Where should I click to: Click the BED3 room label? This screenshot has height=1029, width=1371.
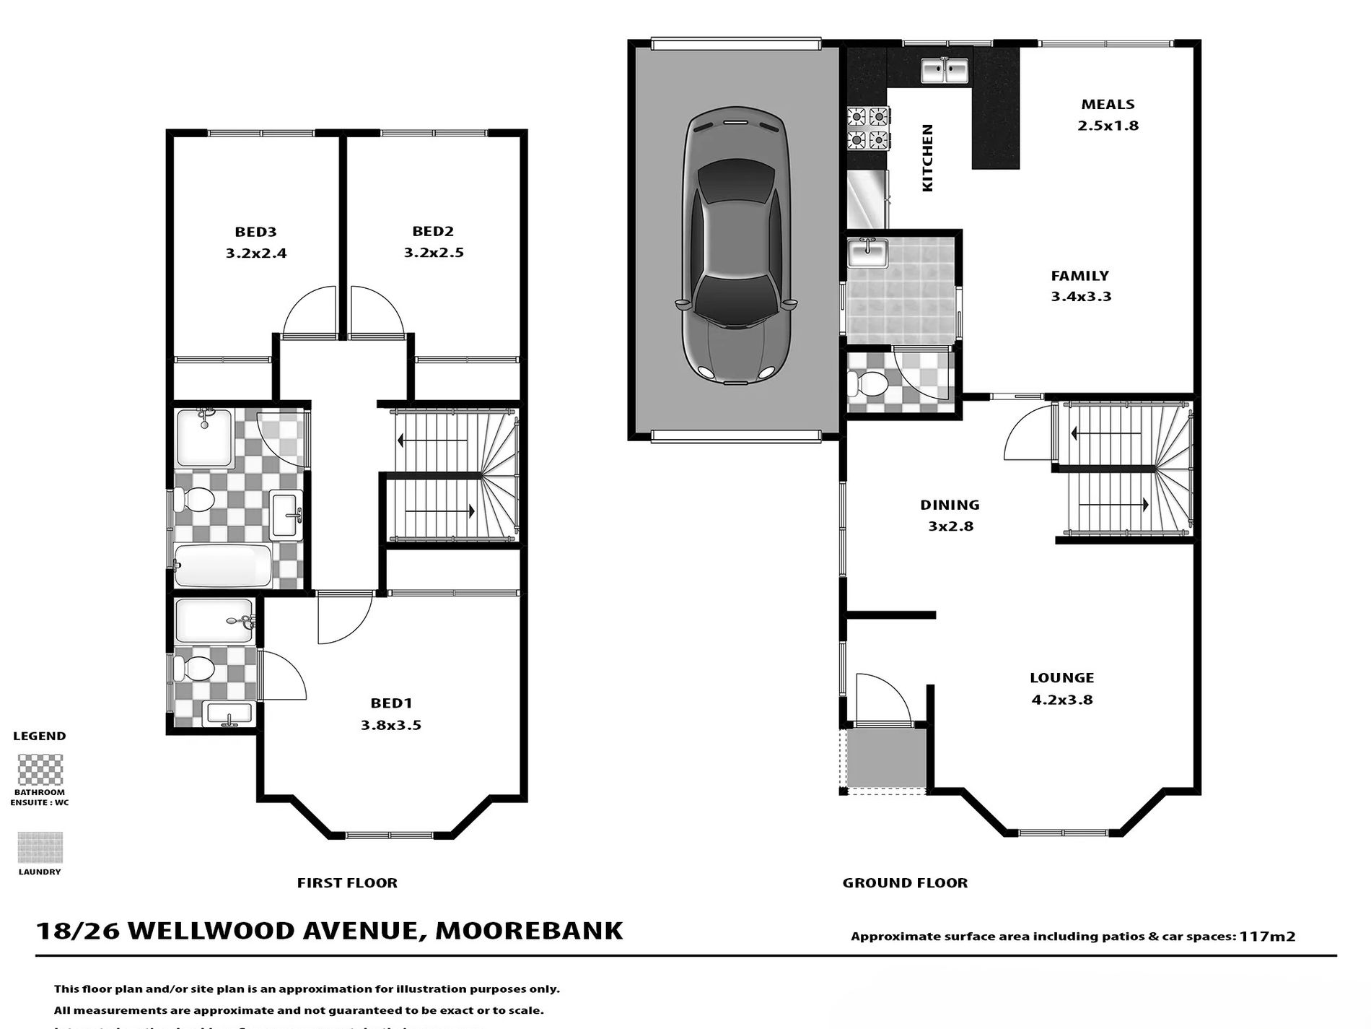pyautogui.click(x=255, y=232)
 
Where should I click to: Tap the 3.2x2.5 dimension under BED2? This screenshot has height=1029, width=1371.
pyautogui.click(x=433, y=253)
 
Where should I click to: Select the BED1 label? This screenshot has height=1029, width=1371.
pyautogui.click(x=390, y=703)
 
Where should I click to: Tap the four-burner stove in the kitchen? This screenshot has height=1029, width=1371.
pyautogui.click(x=867, y=128)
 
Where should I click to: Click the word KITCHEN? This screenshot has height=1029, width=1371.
pyautogui.click(x=928, y=157)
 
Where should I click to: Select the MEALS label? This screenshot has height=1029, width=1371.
pyautogui.click(x=1108, y=105)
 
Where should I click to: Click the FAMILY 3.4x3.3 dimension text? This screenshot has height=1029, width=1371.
pyautogui.click(x=1080, y=296)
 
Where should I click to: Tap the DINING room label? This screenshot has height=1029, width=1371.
pyautogui.click(x=950, y=505)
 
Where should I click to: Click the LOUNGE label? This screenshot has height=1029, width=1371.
pyautogui.click(x=1061, y=677)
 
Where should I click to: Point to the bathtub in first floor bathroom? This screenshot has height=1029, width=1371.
pyautogui.click(x=223, y=565)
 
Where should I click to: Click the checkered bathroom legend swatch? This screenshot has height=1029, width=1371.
pyautogui.click(x=40, y=770)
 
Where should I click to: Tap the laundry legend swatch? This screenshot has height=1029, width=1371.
pyautogui.click(x=40, y=847)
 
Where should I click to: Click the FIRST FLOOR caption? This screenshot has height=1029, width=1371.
pyautogui.click(x=347, y=882)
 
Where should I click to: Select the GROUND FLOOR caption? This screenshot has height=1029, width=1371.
pyautogui.click(x=905, y=882)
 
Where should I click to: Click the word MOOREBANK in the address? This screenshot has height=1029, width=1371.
pyautogui.click(x=529, y=930)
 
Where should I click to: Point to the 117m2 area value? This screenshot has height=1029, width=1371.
pyautogui.click(x=1267, y=937)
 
